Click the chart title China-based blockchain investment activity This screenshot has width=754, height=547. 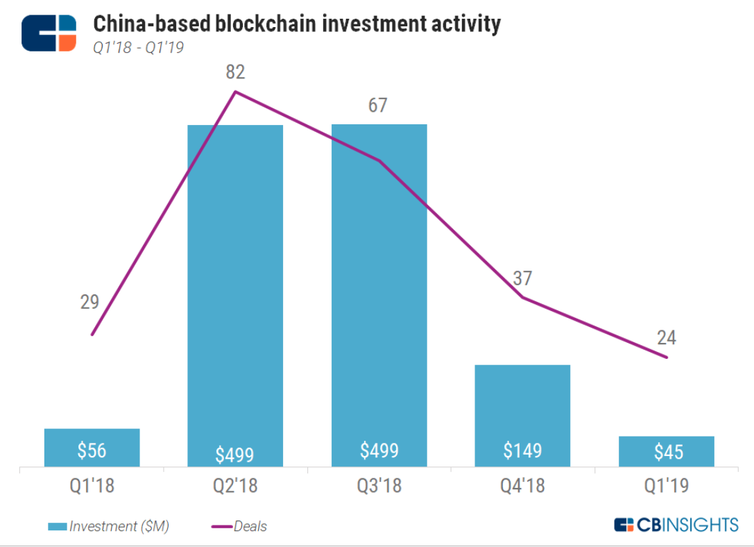pos(296,24)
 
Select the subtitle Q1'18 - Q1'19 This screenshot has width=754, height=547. pos(138,49)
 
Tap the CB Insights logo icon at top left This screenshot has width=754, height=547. pos(49,33)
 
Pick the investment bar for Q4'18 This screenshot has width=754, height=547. pos(522,403)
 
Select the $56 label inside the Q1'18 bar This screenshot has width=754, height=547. pos(92,451)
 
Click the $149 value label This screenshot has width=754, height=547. pos(522,451)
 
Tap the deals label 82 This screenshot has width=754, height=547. pos(235,72)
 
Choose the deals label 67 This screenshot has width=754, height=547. pos(378,106)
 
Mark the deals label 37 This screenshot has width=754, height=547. pos(522,278)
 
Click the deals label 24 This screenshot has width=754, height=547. pos(667,338)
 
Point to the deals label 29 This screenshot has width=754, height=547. pos(89,302)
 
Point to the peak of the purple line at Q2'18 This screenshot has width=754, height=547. pos(236,92)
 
